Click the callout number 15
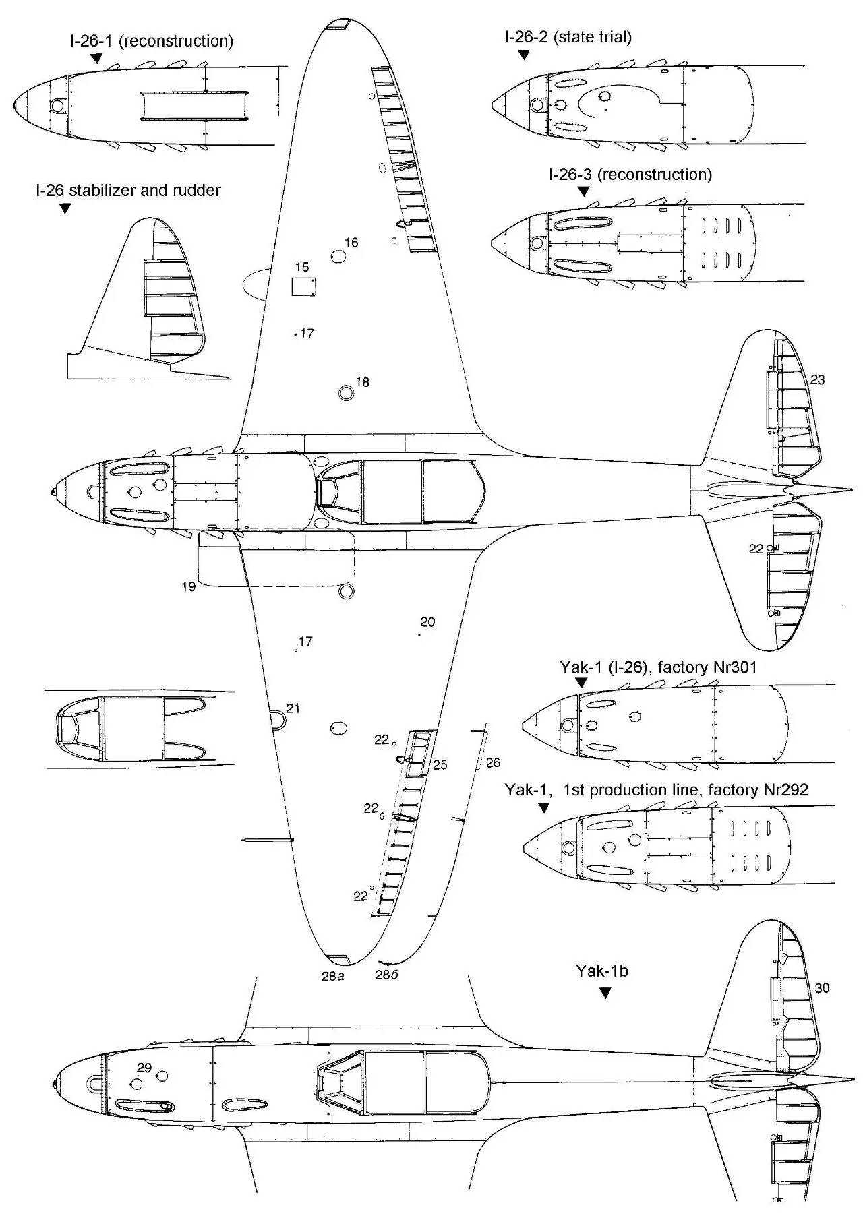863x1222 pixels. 301,268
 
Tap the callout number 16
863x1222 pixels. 351,243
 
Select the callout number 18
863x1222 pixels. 362,382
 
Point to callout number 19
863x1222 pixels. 189,586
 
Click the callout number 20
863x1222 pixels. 427,621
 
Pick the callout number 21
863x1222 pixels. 293,708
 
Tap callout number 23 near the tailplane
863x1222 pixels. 817,379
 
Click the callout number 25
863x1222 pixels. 440,765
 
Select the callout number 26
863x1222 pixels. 493,762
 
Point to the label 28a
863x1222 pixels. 333,975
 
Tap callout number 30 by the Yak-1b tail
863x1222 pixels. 822,988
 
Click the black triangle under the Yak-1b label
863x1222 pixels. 605,993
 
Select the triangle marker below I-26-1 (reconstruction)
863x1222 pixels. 97,59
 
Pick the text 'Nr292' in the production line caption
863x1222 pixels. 785,789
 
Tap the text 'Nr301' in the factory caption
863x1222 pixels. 734,667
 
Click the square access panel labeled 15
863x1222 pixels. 303,286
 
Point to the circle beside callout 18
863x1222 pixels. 346,393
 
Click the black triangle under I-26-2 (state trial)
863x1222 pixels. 524,55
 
